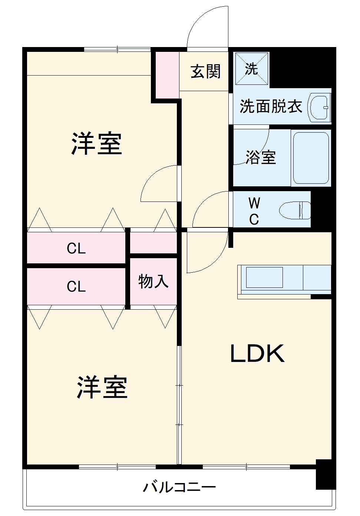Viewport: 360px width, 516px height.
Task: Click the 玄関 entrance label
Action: click(x=205, y=71)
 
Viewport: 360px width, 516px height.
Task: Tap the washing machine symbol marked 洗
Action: click(x=251, y=69)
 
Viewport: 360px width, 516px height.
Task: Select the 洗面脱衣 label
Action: click(x=271, y=107)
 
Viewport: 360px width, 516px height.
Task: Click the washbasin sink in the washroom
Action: click(x=320, y=107)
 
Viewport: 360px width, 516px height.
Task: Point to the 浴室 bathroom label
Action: click(x=261, y=157)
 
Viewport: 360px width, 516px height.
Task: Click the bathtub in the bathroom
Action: click(x=311, y=158)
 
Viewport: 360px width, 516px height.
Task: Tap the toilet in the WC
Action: click(x=295, y=210)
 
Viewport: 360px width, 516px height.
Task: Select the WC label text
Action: click(x=254, y=211)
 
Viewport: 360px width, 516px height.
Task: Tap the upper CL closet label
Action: click(x=76, y=249)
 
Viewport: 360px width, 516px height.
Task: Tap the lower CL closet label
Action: click(x=76, y=286)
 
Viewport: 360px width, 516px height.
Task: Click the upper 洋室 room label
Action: click(x=97, y=144)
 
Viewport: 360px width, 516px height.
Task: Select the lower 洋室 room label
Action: click(x=102, y=387)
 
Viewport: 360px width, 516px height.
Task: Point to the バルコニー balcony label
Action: click(x=179, y=487)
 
